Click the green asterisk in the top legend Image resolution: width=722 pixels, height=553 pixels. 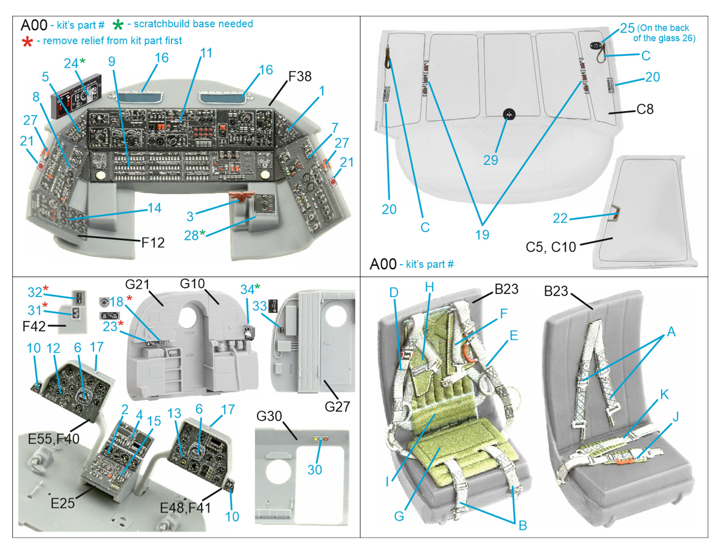point(118,25)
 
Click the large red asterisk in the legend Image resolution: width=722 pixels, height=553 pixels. point(27,42)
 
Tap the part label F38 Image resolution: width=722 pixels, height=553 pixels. point(300,76)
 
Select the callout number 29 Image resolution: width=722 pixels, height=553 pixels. point(491,160)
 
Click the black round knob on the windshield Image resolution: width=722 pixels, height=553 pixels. point(509,114)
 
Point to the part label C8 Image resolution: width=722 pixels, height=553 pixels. point(645,109)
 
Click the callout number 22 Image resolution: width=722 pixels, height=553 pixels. point(560,218)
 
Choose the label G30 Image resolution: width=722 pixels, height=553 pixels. point(269,416)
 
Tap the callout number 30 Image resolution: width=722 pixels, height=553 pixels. point(315,470)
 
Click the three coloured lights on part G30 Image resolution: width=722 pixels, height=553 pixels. point(320,439)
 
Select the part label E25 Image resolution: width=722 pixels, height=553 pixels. point(62,503)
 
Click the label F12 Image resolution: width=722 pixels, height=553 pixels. point(153,243)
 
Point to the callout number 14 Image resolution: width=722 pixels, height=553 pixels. point(154,208)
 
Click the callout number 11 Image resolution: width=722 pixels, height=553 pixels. point(206,53)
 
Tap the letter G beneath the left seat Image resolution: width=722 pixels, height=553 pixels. point(399,516)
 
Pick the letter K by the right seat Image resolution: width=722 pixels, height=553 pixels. point(664,394)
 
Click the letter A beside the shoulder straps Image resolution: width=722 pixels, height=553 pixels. point(671,332)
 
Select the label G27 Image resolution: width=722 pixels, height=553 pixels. point(337,406)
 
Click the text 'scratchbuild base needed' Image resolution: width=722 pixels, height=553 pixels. point(193,24)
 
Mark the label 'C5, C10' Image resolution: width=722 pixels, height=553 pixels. point(551,247)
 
